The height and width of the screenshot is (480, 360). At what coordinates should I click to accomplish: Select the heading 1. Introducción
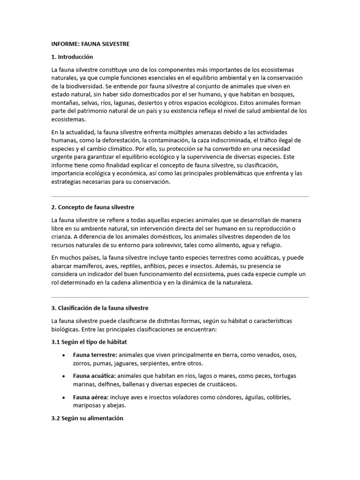72,57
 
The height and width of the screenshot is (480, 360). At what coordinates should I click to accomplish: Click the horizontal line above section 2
180,196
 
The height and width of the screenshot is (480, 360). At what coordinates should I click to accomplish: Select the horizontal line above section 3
180,297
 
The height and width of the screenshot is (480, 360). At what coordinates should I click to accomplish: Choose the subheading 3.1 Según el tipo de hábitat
89,342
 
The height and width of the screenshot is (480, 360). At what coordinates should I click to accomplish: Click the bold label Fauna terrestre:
95,355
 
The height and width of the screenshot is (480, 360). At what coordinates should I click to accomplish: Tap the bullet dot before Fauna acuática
63,376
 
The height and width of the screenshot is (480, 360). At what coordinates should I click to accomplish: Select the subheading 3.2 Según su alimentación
87,418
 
